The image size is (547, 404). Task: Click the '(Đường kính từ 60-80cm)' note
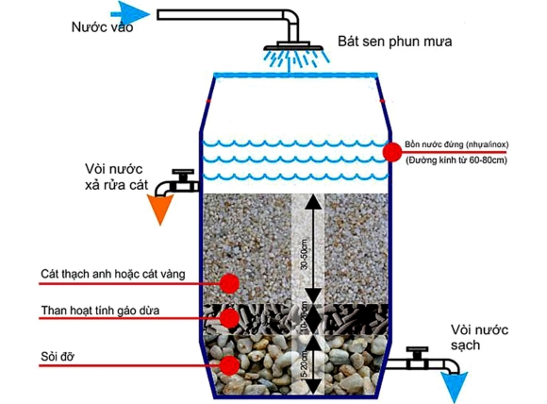(456, 160)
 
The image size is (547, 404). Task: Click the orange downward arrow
(159, 209)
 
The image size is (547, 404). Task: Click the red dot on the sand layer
(227, 281)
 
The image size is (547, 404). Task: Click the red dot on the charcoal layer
(227, 317)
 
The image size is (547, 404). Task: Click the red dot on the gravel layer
(227, 364)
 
